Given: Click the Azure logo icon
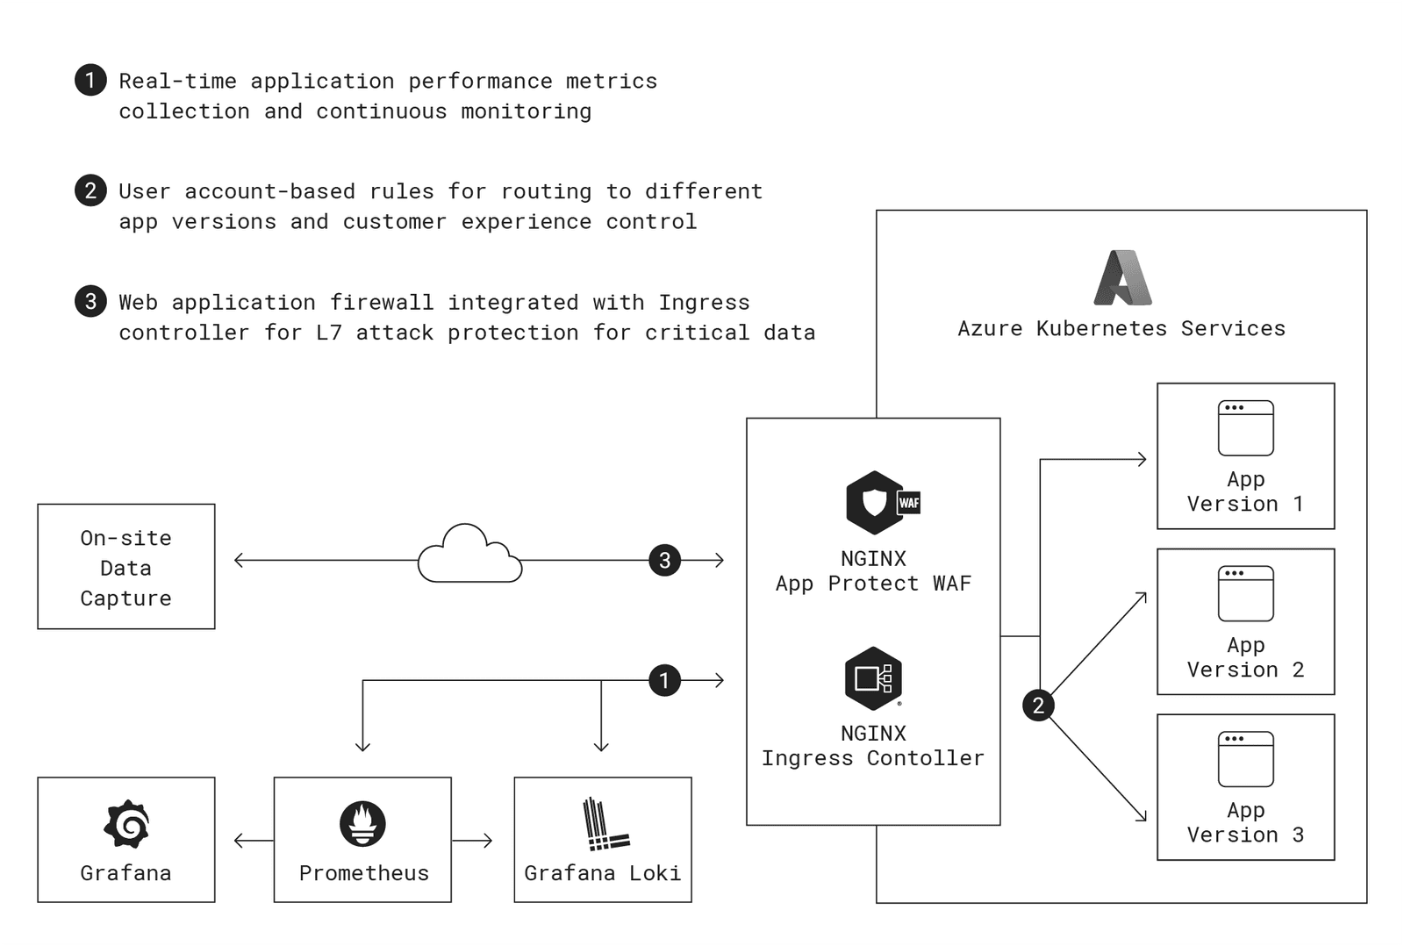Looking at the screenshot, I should point(1122,277).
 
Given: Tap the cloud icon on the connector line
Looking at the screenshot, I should point(469,555).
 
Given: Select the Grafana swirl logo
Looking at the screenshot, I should point(126,824).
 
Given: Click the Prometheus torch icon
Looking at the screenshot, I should point(362,824).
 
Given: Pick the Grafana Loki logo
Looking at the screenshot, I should point(605,824).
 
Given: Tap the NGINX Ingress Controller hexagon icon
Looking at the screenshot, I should point(873,678).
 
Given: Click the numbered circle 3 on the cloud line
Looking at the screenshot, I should point(664,560).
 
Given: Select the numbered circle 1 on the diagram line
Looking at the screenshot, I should point(664,680).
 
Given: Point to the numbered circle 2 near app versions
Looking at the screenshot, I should point(1038,706).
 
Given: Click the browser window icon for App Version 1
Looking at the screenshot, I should point(1245,428).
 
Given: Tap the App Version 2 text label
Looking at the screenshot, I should point(1245,657).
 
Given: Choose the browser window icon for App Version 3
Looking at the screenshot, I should point(1245,759).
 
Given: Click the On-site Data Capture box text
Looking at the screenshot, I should point(126,568).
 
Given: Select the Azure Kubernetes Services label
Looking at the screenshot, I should point(1121,328).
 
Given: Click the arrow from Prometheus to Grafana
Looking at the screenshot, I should point(253,841).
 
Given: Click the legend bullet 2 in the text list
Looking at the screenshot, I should point(90,190).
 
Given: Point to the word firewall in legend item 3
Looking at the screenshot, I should point(382,302).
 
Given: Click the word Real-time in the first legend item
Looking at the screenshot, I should point(178,81).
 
